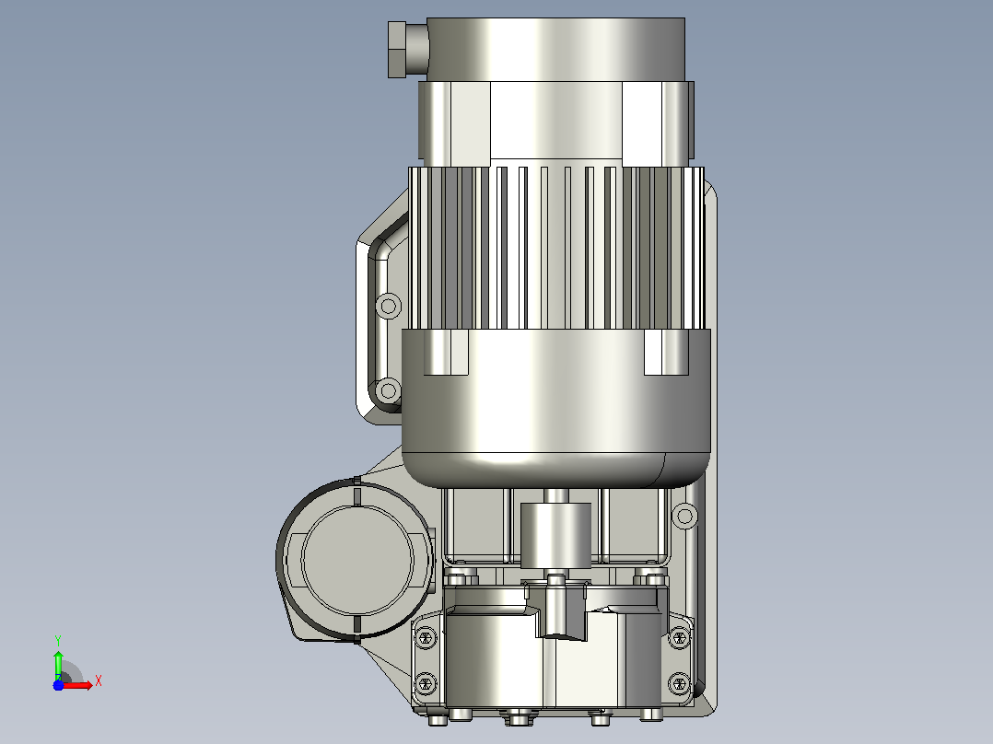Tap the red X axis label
(99, 681)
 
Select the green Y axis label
(58, 641)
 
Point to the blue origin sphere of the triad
(58, 685)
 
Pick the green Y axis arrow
(58, 666)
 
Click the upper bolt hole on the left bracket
(388, 307)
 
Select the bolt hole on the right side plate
(684, 516)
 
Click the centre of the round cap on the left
(357, 561)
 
